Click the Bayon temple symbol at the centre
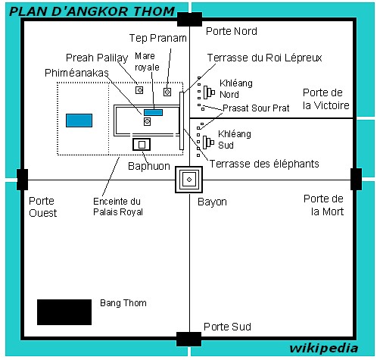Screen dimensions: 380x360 click(x=189, y=180)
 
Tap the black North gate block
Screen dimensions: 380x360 click(x=189, y=19)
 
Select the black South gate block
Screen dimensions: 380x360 click(x=188, y=339)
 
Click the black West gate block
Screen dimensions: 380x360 click(x=22, y=180)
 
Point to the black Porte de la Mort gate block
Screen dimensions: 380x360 click(x=356, y=179)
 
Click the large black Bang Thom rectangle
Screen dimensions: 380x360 click(x=64, y=312)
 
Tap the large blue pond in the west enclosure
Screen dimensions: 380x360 click(x=79, y=121)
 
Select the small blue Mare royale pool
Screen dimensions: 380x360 click(x=153, y=112)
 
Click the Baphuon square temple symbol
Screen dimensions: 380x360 click(x=142, y=145)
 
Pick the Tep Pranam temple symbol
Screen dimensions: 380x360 click(x=167, y=92)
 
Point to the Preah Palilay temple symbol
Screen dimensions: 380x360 click(x=139, y=90)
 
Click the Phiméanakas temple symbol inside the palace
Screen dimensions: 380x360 click(x=147, y=121)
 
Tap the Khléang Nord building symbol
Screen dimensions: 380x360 click(x=209, y=92)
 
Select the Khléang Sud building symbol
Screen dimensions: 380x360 click(x=208, y=142)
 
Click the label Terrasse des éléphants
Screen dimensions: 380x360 click(x=264, y=164)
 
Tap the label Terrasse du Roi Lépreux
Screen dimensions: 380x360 click(x=264, y=58)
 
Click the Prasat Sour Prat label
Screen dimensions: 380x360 click(x=256, y=108)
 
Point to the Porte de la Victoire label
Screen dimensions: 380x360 click(x=326, y=99)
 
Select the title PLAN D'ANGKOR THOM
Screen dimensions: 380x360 click(x=92, y=11)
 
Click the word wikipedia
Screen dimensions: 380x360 click(x=324, y=349)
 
